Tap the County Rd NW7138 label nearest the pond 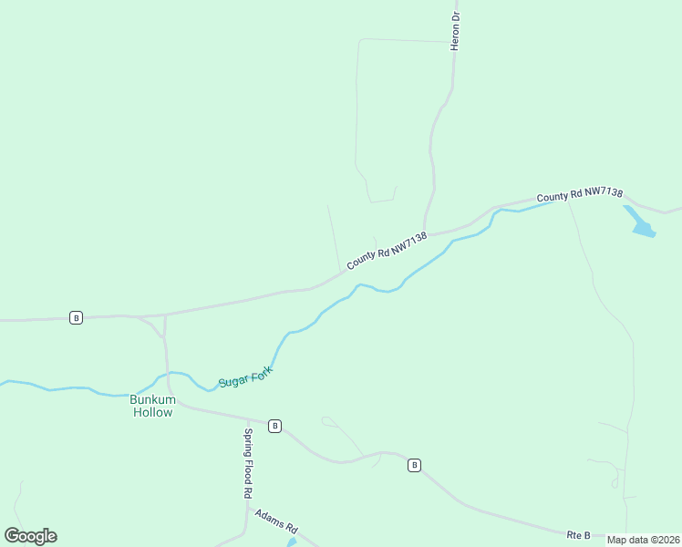pyautogui.click(x=580, y=194)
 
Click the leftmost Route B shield pyautogui.click(x=76, y=317)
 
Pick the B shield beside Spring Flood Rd pyautogui.click(x=274, y=426)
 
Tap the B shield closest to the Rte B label pyautogui.click(x=414, y=465)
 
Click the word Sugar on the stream pyautogui.click(x=232, y=379)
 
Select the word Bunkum pyautogui.click(x=151, y=399)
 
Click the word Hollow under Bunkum pyautogui.click(x=151, y=412)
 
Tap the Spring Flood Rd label pyautogui.click(x=247, y=462)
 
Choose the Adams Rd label pyautogui.click(x=276, y=521)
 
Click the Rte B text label pyautogui.click(x=578, y=534)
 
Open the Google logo pyautogui.click(x=30, y=536)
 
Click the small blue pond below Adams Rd pyautogui.click(x=292, y=542)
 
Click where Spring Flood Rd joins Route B pyautogui.click(x=247, y=419)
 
